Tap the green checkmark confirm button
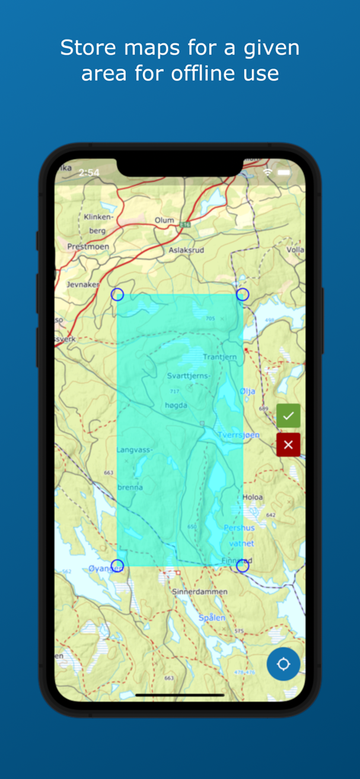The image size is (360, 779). (288, 415)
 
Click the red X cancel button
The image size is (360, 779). (288, 444)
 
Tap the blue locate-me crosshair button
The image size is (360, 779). (283, 664)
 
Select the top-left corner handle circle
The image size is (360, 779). (117, 294)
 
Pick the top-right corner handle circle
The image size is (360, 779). (243, 294)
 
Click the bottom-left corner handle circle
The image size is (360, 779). (117, 565)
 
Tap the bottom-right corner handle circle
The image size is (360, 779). (243, 566)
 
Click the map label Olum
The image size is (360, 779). (164, 220)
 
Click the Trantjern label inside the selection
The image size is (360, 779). (221, 357)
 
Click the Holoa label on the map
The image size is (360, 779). (252, 497)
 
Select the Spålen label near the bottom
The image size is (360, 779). (212, 618)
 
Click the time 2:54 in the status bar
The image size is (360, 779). (89, 173)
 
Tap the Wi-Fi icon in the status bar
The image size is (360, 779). (268, 173)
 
